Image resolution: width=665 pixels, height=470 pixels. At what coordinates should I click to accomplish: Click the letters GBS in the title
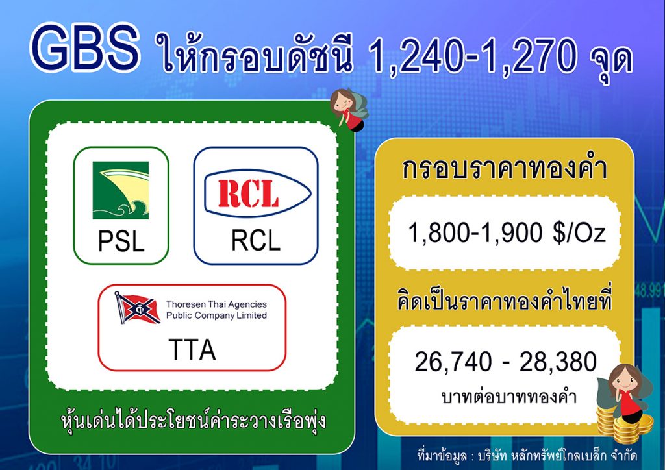pyautogui.click(x=85, y=49)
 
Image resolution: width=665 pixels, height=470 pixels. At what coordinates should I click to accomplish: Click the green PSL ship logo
pyautogui.click(x=121, y=190)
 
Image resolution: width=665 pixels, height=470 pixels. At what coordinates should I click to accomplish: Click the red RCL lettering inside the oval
pyautogui.click(x=249, y=193)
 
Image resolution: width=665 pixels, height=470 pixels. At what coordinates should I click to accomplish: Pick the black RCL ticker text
pyautogui.click(x=255, y=240)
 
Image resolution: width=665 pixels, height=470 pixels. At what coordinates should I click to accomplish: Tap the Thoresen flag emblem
pyautogui.click(x=138, y=308)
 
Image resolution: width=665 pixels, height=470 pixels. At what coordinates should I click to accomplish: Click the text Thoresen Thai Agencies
pyautogui.click(x=216, y=304)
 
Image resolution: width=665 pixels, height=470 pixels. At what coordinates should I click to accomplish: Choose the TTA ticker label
pyautogui.click(x=192, y=350)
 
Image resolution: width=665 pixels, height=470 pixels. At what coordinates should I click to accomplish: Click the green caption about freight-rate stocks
pyautogui.click(x=193, y=421)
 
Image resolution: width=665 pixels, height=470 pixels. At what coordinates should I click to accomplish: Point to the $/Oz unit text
pyautogui.click(x=579, y=232)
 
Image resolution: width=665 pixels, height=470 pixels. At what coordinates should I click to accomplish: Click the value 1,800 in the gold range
pyautogui.click(x=438, y=233)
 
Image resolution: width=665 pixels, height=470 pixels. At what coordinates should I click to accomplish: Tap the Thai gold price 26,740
pyautogui.click(x=453, y=362)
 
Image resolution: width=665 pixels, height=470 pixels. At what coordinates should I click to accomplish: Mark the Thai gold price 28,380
pyautogui.click(x=558, y=362)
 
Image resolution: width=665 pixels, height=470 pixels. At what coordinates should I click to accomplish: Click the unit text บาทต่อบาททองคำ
pyautogui.click(x=509, y=397)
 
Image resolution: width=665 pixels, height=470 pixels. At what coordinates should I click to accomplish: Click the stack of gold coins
pyautogui.click(x=623, y=424)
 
